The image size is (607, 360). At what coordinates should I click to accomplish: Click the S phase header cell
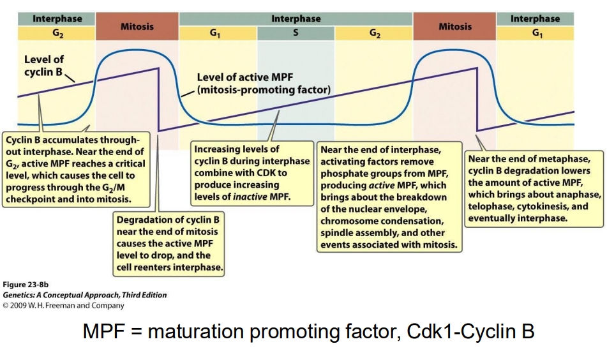(296, 34)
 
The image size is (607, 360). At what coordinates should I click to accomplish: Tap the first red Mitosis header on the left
(137, 27)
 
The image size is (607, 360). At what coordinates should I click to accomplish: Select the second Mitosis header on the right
(454, 27)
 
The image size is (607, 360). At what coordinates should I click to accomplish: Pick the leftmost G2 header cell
(57, 34)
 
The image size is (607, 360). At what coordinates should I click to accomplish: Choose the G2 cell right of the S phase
(374, 34)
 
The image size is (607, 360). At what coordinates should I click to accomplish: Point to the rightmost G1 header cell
(535, 34)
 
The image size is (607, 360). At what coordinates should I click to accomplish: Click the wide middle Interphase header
(296, 19)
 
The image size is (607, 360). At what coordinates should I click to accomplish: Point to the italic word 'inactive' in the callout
(250, 196)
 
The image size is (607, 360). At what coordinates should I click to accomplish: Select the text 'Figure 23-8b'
(26, 285)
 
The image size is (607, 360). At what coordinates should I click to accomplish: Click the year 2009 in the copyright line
(19, 305)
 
